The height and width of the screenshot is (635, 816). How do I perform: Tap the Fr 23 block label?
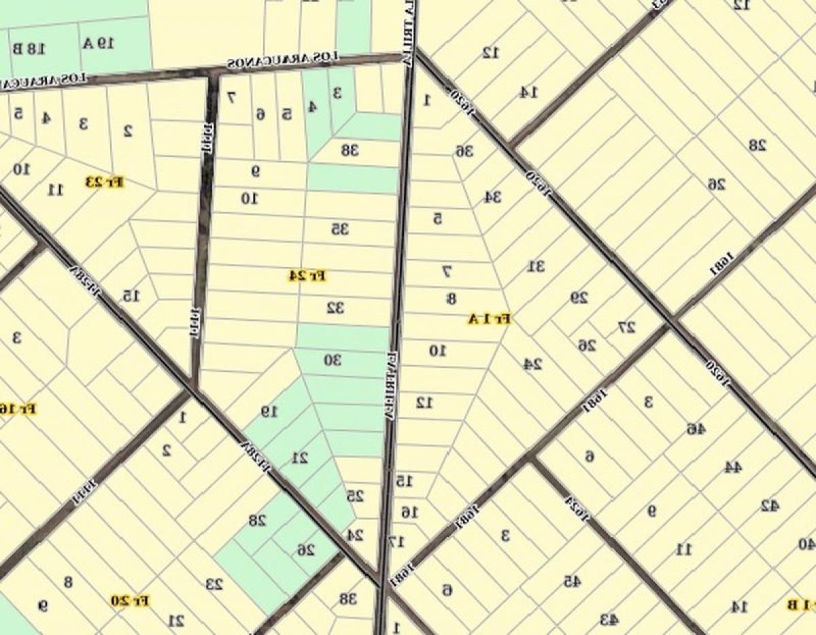pyautogui.click(x=105, y=182)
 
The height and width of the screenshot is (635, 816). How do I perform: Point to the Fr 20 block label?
pyautogui.click(x=131, y=601)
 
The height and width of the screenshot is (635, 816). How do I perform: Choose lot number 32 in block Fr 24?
pyautogui.click(x=335, y=308)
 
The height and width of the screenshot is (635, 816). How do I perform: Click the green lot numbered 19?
pyautogui.click(x=270, y=411)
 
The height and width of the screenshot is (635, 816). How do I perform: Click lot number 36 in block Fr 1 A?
pyautogui.click(x=464, y=150)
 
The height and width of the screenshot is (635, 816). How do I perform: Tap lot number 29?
pyautogui.click(x=579, y=297)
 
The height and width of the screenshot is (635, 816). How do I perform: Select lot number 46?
pyautogui.click(x=696, y=429)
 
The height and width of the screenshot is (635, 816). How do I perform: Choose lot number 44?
pyautogui.click(x=732, y=467)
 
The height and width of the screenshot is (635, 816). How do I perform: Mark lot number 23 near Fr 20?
pyautogui.click(x=215, y=583)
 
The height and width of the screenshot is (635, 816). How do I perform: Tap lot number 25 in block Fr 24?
pyautogui.click(x=355, y=496)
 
